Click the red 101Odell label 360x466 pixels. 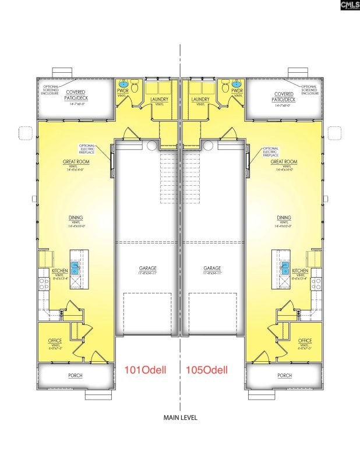pyautogui.click(x=147, y=369)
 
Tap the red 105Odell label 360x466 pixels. pyautogui.click(x=206, y=369)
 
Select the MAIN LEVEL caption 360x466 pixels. pyautogui.click(x=180, y=417)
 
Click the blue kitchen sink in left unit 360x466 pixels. pyautogui.click(x=76, y=269)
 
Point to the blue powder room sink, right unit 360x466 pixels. pyautogui.click(x=237, y=83)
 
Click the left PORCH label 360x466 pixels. pyautogui.click(x=75, y=376)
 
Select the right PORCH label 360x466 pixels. pyautogui.click(x=284, y=376)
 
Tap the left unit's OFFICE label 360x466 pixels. pyautogui.click(x=55, y=341)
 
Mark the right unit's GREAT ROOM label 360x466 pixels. pyautogui.click(x=284, y=162)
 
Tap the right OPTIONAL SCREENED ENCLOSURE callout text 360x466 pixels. pyautogui.click(x=309, y=90)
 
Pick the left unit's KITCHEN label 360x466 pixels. pyautogui.click(x=59, y=271)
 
